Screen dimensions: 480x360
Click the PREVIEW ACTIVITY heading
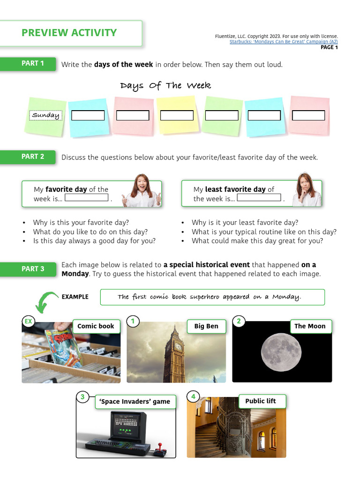pyautogui.click(x=69, y=33)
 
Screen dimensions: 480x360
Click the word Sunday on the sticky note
pyautogui.click(x=45, y=115)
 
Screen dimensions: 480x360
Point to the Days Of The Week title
pyautogui.click(x=165, y=85)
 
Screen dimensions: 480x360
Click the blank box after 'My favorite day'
pyautogui.click(x=86, y=197)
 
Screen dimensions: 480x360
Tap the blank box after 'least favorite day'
pyautogui.click(x=259, y=197)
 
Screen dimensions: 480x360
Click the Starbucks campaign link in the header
pyautogui.click(x=283, y=42)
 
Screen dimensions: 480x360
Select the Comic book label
pyautogui.click(x=96, y=326)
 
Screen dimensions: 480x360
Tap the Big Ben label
pyautogui.click(x=206, y=326)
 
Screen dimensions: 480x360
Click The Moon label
pyautogui.click(x=309, y=326)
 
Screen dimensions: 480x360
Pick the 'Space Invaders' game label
pyautogui.click(x=135, y=402)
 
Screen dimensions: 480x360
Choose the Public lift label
pyautogui.click(x=261, y=401)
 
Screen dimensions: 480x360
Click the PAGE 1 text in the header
pyautogui.click(x=329, y=47)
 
